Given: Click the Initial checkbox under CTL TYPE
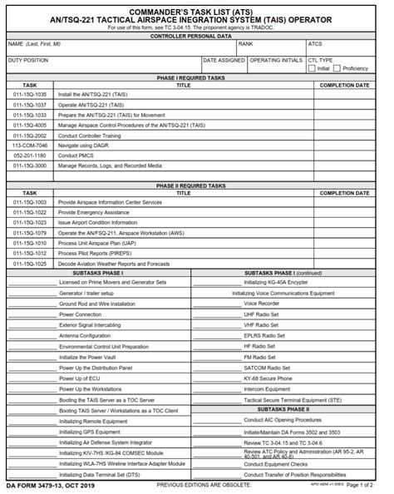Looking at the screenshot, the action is (312, 68).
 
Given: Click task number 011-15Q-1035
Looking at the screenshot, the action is (29, 95).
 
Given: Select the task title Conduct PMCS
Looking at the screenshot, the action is (76, 156).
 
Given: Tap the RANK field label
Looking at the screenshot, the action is (245, 43).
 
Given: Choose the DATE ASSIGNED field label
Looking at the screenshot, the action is (224, 60).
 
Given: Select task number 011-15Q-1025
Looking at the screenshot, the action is (29, 263).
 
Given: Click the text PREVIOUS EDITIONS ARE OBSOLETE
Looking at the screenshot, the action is (204, 484).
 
